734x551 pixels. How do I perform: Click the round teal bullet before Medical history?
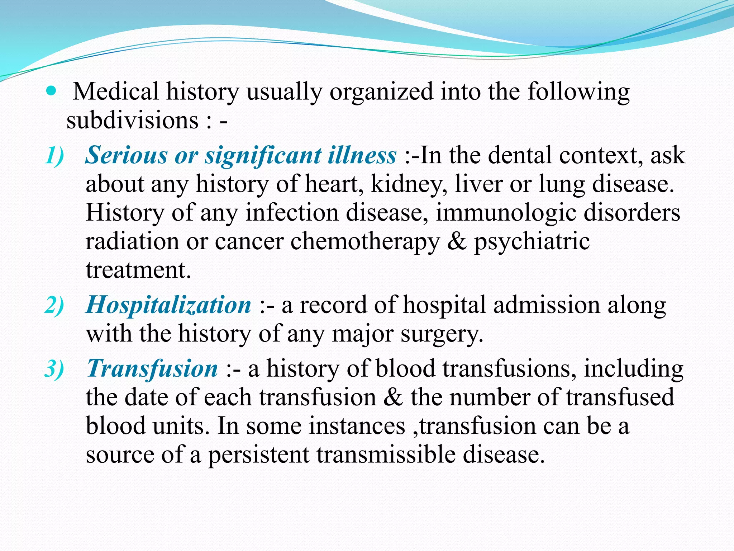(51, 91)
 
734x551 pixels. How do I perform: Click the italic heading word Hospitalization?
(168, 305)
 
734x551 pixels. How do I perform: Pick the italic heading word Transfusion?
(152, 369)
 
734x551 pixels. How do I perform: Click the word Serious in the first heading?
(126, 156)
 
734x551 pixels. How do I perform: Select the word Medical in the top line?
(116, 91)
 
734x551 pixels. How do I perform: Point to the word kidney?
(409, 184)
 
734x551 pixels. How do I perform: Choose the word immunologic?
(506, 213)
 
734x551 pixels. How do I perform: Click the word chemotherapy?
(365, 242)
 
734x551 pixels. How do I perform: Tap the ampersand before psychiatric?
(457, 241)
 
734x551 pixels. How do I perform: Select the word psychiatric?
(532, 242)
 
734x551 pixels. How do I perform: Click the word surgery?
(442, 334)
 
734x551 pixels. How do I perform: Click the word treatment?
(138, 270)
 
